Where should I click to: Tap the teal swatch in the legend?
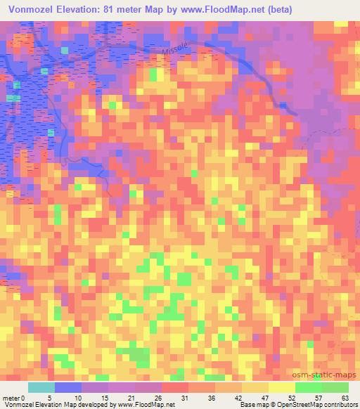pos(41,388)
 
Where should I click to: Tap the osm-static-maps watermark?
pos(329,375)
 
